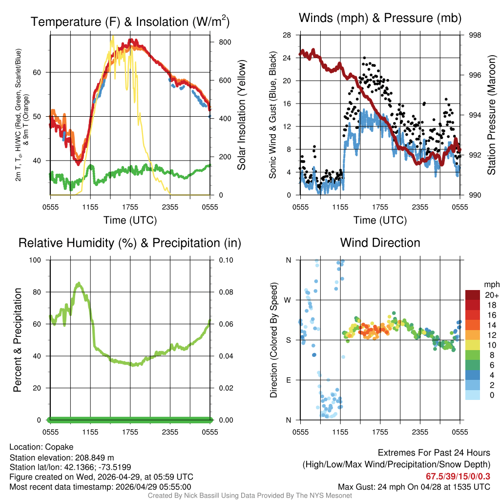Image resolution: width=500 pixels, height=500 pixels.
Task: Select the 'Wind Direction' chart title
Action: click(x=380, y=242)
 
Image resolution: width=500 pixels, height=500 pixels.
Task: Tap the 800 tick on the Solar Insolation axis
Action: click(x=225, y=42)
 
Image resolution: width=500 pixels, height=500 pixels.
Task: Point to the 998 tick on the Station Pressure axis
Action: click(x=475, y=35)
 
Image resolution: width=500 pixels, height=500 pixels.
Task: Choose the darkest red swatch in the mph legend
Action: click(x=473, y=295)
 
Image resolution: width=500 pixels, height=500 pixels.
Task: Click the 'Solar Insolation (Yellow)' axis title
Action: click(x=242, y=115)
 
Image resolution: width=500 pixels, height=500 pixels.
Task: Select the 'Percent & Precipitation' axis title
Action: click(x=18, y=340)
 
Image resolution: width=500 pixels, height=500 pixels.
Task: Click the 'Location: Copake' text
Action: click(x=41, y=447)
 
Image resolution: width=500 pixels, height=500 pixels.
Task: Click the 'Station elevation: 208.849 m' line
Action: click(x=62, y=458)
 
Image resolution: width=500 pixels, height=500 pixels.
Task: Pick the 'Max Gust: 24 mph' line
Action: click(x=414, y=486)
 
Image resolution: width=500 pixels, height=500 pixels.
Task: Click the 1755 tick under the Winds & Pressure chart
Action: click(x=380, y=207)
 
